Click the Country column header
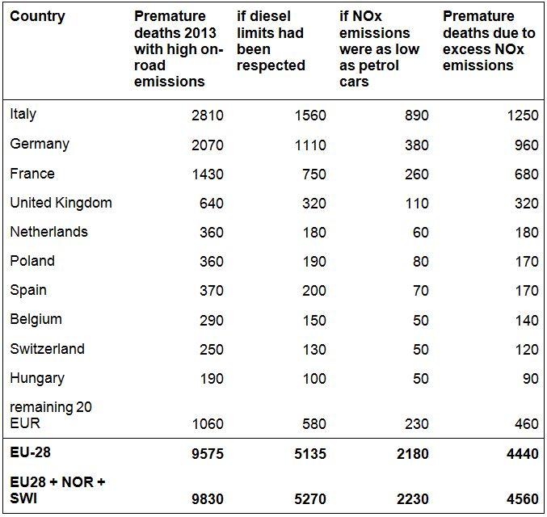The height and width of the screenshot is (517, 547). tap(36, 16)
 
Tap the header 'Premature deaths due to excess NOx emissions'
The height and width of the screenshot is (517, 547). tap(489, 40)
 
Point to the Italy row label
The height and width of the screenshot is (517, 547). tap(23, 114)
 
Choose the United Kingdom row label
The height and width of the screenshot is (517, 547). tap(61, 203)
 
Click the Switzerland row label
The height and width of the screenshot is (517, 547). tap(47, 349)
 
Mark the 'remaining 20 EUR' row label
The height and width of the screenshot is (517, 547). tap(50, 415)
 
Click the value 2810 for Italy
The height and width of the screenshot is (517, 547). tap(207, 116)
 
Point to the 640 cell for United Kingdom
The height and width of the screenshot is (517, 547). tap(211, 204)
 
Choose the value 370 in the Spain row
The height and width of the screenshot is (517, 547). tap(211, 291)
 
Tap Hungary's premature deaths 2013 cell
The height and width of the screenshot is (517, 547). tap(211, 379)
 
